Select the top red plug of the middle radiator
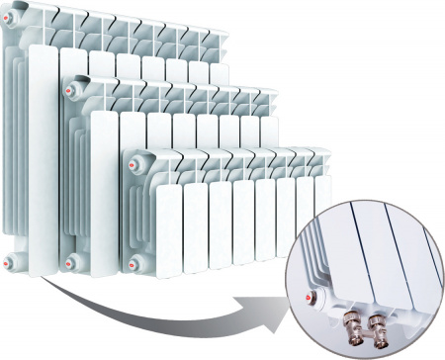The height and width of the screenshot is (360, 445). click(x=69, y=90)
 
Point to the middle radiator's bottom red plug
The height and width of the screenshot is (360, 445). click(x=71, y=261)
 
